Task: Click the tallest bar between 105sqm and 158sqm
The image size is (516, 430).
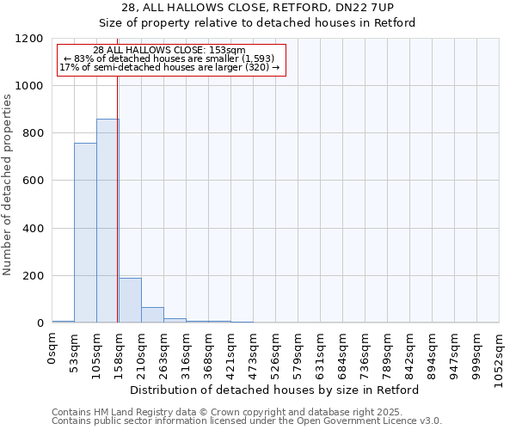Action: tap(107, 221)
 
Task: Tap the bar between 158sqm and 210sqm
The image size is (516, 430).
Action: tap(130, 300)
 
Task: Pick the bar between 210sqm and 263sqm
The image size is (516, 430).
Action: tap(152, 315)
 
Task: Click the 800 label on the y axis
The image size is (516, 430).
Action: tap(34, 133)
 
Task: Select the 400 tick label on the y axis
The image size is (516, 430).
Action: tap(34, 229)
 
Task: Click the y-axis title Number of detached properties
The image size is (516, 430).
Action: tap(8, 185)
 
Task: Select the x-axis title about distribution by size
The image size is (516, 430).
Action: tap(275, 390)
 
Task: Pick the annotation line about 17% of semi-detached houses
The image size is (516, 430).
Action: tap(169, 67)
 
